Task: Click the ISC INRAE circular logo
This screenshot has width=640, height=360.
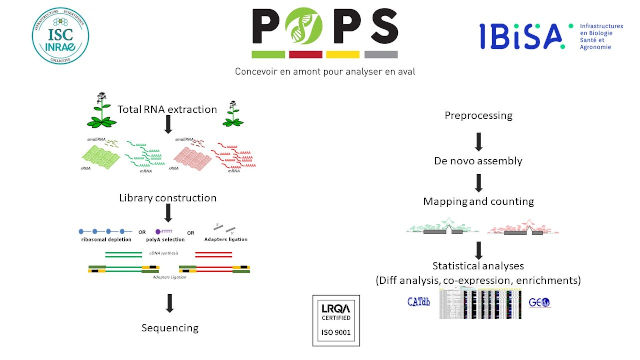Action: pyautogui.click(x=60, y=36)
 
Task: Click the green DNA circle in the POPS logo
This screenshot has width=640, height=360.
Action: pyautogui.click(x=304, y=26)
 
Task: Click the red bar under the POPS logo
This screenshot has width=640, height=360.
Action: pyautogui.click(x=305, y=54)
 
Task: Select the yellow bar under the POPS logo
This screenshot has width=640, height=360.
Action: pyautogui.click(x=342, y=54)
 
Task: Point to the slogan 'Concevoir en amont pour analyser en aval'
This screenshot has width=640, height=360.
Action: pyautogui.click(x=325, y=72)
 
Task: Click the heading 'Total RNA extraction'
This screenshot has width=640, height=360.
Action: pyautogui.click(x=167, y=109)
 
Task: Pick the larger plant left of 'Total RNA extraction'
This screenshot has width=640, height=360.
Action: pyautogui.click(x=101, y=111)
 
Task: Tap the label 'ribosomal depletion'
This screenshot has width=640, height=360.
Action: pyautogui.click(x=106, y=239)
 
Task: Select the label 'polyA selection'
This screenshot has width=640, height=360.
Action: pyautogui.click(x=165, y=239)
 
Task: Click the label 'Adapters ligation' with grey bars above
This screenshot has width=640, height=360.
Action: pyautogui.click(x=226, y=239)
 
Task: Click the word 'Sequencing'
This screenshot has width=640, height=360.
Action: pyautogui.click(x=170, y=328)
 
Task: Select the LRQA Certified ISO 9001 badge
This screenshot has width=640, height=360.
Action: pyautogui.click(x=336, y=320)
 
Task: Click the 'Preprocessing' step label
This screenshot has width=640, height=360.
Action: pyautogui.click(x=478, y=115)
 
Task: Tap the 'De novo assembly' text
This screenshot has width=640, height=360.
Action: pyautogui.click(x=478, y=161)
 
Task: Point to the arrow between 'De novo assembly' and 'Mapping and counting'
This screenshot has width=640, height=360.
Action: pyautogui.click(x=479, y=183)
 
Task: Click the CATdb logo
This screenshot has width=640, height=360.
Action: pyautogui.click(x=419, y=302)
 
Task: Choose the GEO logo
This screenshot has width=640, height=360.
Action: pyautogui.click(x=539, y=302)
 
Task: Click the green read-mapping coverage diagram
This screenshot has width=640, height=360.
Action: pyautogui.click(x=442, y=227)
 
